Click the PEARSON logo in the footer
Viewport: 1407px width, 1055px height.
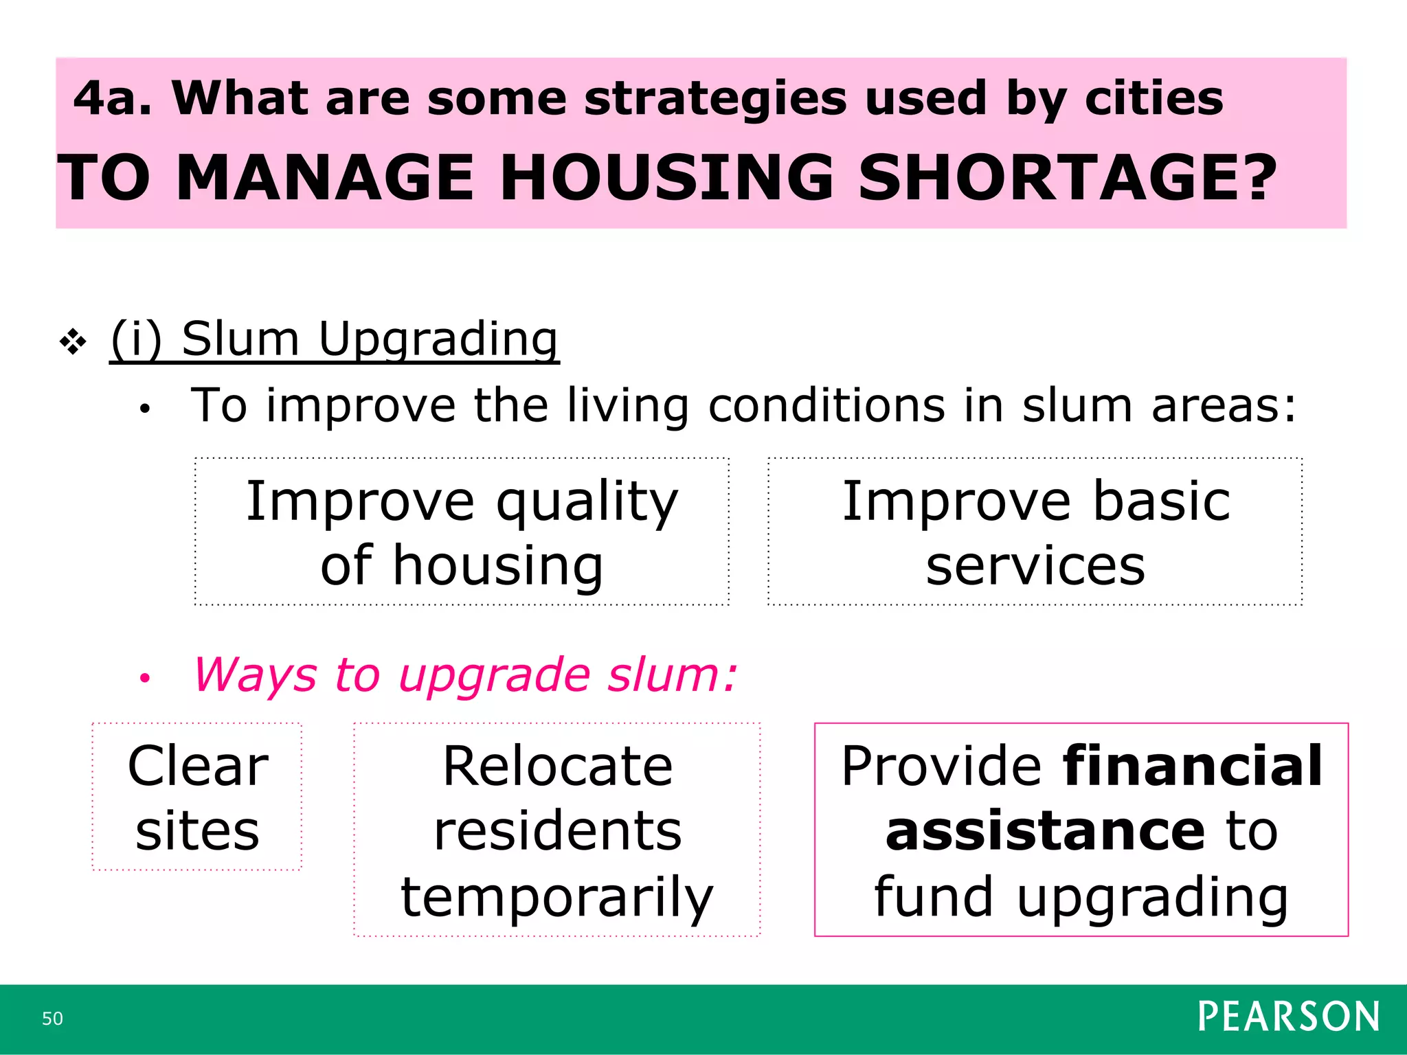coord(1288,1017)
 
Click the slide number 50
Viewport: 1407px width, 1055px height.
coord(52,1019)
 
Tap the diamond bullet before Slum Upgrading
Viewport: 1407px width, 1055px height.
coord(73,341)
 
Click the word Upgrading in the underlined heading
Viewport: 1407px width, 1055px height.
coord(438,339)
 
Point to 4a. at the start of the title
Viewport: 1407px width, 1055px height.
coord(112,98)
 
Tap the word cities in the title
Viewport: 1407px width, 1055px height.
coord(1154,98)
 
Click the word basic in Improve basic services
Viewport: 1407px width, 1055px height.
coord(1161,501)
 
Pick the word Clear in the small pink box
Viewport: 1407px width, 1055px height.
coord(198,767)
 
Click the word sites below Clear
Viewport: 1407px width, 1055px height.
coord(198,831)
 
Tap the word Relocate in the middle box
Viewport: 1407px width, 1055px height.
coord(557,767)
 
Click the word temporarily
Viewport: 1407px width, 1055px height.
coord(557,897)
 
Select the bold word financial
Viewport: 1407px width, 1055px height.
coord(1192,767)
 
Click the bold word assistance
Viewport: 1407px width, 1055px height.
coord(1045,831)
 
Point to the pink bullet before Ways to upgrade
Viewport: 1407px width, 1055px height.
coord(144,679)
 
